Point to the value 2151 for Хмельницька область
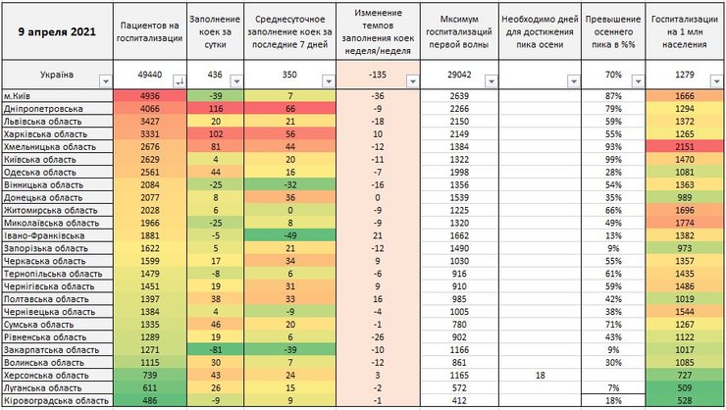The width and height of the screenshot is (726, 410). [x=685, y=146]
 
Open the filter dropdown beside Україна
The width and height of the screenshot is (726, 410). [x=105, y=82]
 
